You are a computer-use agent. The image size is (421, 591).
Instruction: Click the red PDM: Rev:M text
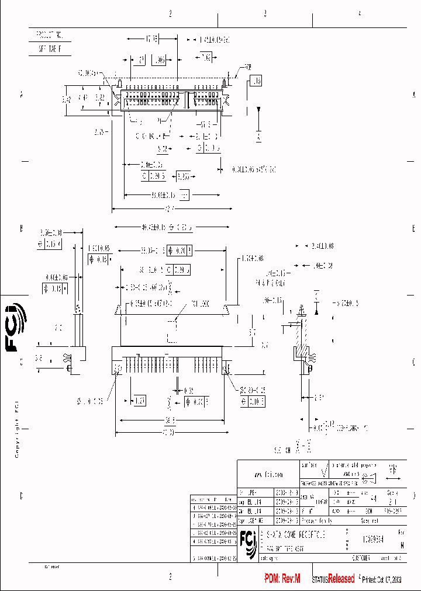coord(282,579)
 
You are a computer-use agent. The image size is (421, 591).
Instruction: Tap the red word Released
coord(341,579)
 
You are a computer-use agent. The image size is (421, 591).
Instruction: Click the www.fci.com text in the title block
coord(268,474)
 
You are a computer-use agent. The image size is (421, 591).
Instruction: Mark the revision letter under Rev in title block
coord(401,544)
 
